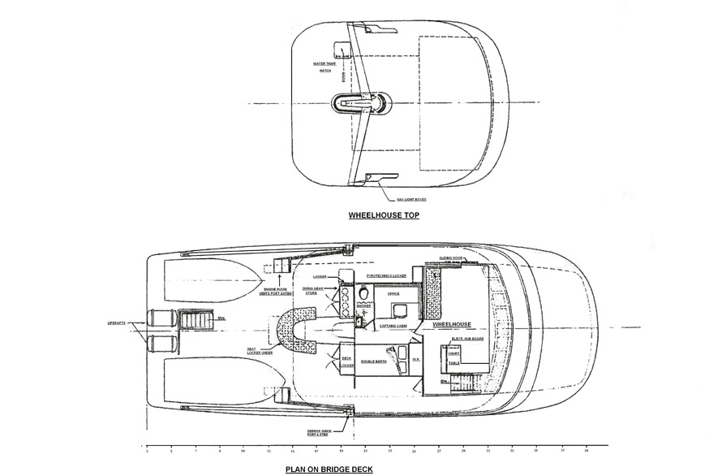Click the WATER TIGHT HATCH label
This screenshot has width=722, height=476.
click(x=324, y=67)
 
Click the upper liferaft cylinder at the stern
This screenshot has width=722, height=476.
click(x=157, y=318)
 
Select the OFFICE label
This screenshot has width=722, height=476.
click(x=393, y=294)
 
